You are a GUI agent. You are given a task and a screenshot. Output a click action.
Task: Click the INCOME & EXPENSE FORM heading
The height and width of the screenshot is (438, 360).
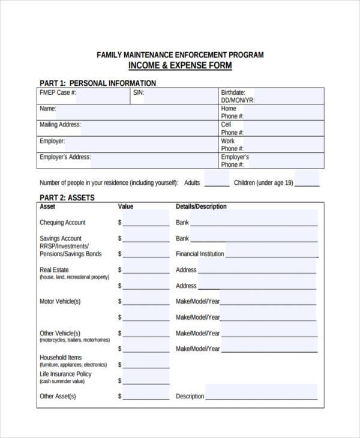[x=180, y=65]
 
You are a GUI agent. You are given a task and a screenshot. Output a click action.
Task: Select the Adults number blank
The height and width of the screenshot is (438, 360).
[x=217, y=181]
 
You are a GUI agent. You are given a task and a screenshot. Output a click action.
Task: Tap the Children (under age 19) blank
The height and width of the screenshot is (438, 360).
[x=307, y=181]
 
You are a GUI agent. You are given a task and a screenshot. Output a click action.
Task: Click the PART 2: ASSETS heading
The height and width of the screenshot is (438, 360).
[x=67, y=197]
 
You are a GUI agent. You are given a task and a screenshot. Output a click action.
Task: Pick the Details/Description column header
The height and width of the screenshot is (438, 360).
[x=201, y=206]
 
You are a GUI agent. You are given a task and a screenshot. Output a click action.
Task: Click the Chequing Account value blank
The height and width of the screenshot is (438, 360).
[x=146, y=221]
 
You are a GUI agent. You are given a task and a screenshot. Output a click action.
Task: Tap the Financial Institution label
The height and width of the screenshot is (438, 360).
[x=200, y=254]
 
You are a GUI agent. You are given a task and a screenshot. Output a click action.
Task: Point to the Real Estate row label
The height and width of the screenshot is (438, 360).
[x=54, y=270]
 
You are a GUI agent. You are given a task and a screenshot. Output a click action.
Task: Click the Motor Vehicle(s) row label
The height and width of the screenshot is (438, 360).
[x=60, y=301]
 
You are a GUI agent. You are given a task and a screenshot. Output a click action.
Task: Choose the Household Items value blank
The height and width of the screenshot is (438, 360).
[x=146, y=364]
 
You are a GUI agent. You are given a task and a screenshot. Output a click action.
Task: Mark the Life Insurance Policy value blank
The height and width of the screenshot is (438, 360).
[x=146, y=380]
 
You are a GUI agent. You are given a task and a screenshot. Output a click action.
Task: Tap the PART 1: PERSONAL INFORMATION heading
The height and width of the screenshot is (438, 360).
[x=98, y=83]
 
